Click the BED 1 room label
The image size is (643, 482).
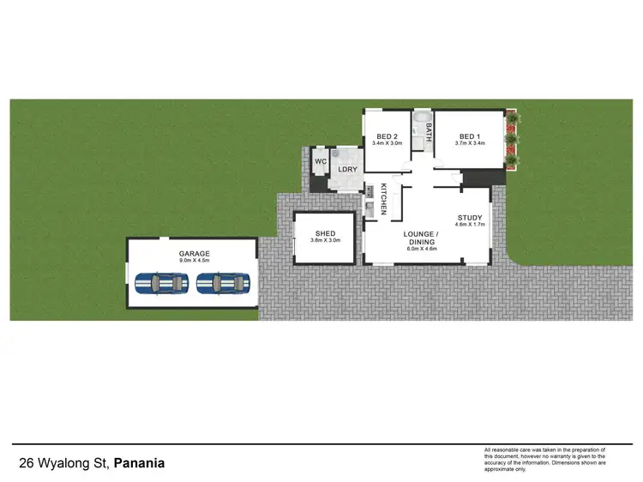[x=470, y=136]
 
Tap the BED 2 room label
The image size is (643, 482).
[x=388, y=136]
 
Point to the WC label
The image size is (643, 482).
[x=320, y=161]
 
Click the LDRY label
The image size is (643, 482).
[x=347, y=169]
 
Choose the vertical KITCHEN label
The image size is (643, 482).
[x=384, y=198]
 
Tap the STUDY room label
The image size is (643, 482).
[x=471, y=218]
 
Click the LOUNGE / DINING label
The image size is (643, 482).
[x=422, y=238]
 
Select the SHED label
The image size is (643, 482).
[x=325, y=233]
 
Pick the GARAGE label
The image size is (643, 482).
[x=194, y=254]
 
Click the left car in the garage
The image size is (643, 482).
[x=164, y=282]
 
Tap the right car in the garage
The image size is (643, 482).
[x=222, y=282]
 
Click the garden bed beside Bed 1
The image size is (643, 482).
[x=512, y=140]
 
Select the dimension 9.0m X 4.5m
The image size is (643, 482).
[x=194, y=261]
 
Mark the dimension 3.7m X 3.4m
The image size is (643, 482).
[x=470, y=143]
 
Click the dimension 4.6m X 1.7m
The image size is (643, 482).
[x=471, y=225]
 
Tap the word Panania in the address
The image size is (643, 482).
[x=140, y=464]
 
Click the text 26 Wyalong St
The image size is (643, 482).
[x=64, y=464]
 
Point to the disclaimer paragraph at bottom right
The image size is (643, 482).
[x=545, y=461]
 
